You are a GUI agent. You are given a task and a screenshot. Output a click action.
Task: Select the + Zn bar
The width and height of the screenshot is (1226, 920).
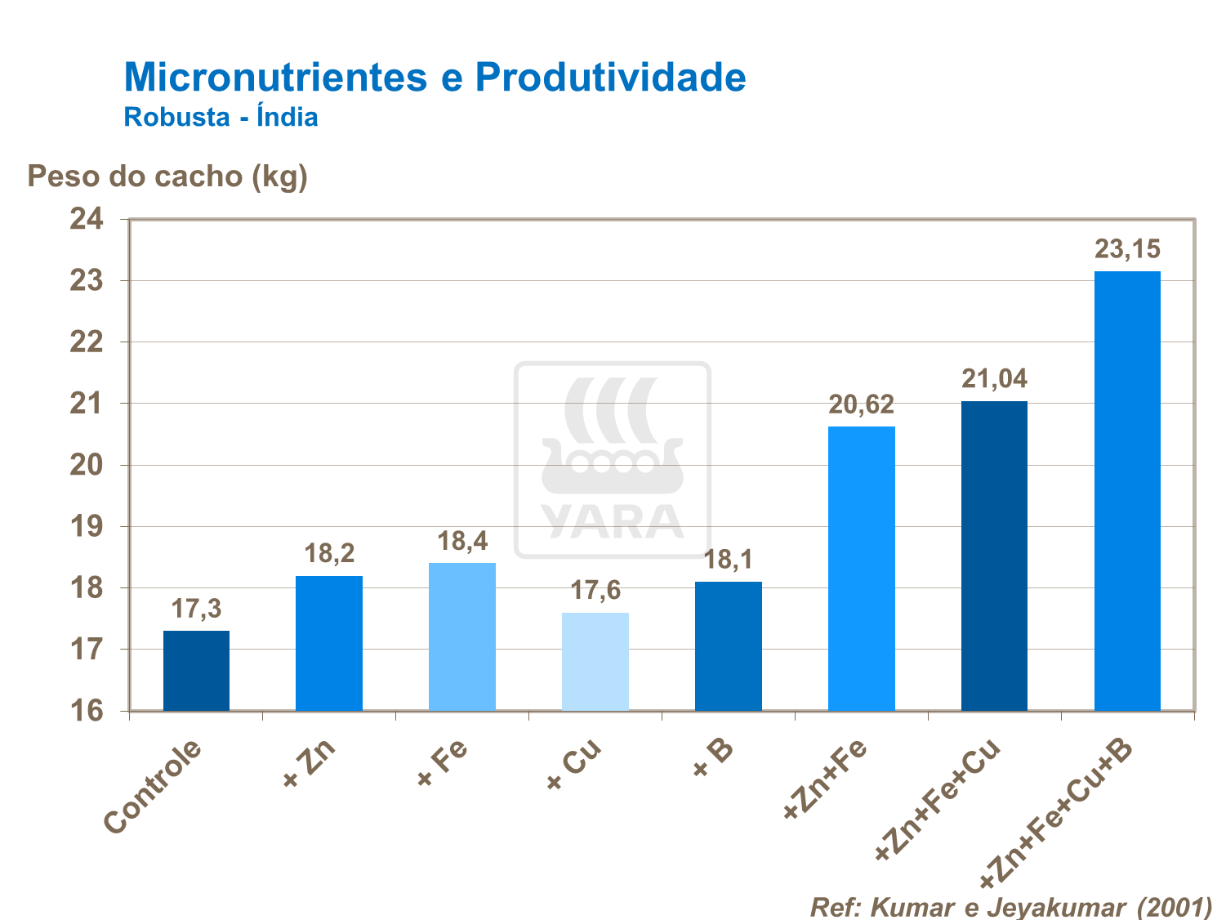click(329, 643)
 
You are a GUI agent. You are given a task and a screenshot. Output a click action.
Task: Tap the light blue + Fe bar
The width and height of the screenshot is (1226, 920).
click(462, 636)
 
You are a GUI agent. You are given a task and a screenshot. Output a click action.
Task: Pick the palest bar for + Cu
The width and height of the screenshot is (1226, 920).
click(595, 661)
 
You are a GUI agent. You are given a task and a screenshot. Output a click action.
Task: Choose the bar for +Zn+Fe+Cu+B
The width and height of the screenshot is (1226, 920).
click(1127, 490)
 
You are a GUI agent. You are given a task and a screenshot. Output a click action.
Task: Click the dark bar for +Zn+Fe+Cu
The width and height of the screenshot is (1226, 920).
click(994, 556)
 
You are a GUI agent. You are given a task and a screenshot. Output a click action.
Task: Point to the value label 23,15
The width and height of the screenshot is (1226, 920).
click(1127, 249)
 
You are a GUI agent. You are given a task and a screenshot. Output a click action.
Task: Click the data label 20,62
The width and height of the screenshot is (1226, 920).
click(862, 404)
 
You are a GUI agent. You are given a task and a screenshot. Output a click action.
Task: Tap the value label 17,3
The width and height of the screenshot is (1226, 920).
click(196, 609)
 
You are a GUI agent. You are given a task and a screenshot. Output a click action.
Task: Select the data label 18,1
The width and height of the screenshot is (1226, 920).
click(729, 560)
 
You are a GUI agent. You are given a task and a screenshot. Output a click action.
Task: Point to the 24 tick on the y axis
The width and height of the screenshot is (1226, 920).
click(87, 219)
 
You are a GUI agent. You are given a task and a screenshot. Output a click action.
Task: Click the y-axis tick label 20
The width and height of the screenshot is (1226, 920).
click(87, 465)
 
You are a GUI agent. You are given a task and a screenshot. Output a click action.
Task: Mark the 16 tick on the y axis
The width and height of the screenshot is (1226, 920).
click(87, 711)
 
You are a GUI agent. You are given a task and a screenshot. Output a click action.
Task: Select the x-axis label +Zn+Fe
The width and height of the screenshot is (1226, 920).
click(825, 779)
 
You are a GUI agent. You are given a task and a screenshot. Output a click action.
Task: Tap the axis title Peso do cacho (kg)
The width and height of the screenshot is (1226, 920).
click(167, 176)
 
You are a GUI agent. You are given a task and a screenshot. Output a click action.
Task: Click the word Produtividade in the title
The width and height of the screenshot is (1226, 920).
click(610, 78)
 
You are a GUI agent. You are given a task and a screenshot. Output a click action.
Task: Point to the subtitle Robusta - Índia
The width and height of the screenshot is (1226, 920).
click(221, 117)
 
